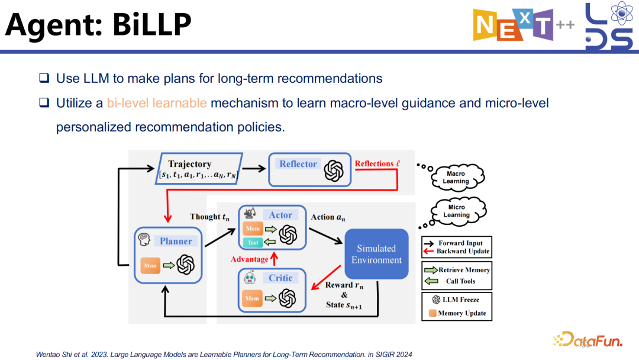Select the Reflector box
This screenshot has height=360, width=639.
308,169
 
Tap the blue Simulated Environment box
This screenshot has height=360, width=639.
376,254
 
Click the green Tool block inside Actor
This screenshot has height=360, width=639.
253,242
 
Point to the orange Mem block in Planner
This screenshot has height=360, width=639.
149,266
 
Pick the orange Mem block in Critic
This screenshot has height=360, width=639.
253,298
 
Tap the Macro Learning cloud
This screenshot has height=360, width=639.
456,177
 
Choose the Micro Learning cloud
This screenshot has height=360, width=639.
456,211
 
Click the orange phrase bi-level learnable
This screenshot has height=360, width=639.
157,103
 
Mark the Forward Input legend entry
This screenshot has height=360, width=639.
456,243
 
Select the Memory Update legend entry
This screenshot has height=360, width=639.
456,313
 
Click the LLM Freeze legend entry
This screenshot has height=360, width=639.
456,300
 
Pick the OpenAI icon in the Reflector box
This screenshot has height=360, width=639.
333,171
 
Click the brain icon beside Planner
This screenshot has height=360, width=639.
144,240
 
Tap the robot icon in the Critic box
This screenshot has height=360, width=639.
250,278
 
